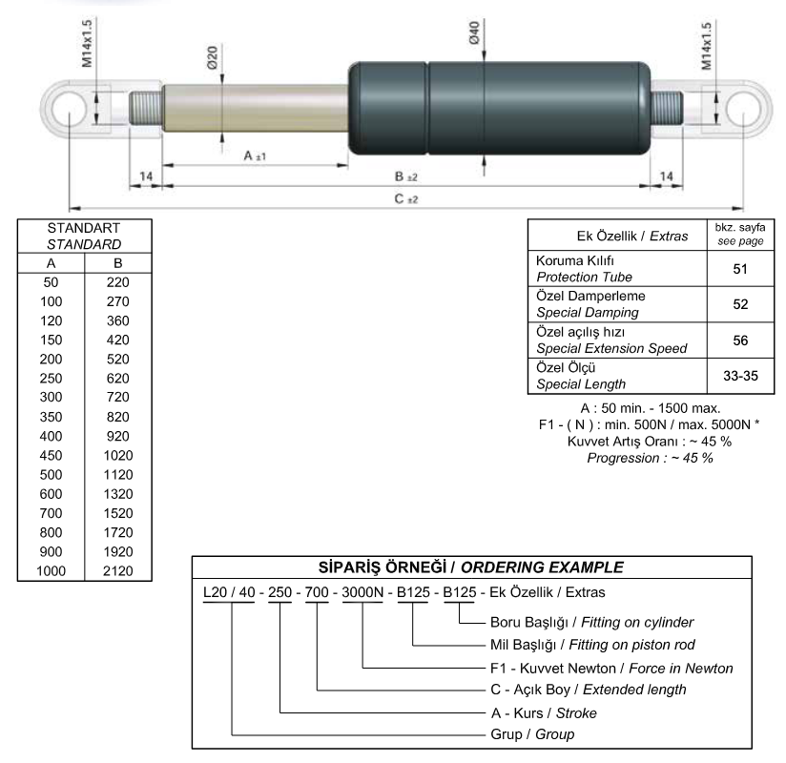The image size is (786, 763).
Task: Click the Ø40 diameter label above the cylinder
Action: point(474,32)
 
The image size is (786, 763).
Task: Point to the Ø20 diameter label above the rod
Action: point(212,57)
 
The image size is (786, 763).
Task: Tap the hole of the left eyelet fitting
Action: point(70,109)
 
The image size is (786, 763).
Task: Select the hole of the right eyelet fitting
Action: point(743,110)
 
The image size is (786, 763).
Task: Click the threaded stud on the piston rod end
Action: point(145,108)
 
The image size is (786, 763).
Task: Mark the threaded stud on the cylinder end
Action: point(667,108)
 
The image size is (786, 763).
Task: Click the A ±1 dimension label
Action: point(255,155)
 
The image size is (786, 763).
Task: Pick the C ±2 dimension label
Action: point(406,199)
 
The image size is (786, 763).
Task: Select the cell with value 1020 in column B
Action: point(118,455)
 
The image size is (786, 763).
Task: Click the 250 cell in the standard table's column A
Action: point(52,378)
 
